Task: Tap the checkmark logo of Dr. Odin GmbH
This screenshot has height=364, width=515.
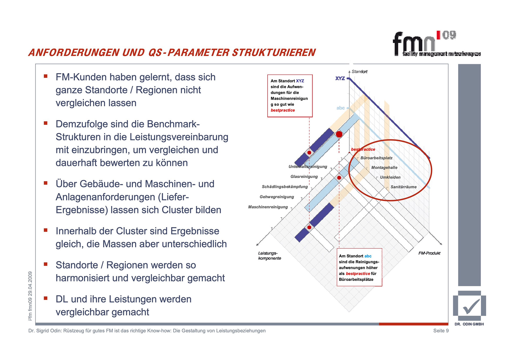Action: point(470,306)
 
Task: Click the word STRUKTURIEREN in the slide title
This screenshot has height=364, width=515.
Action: point(274,53)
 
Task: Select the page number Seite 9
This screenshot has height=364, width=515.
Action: point(441,331)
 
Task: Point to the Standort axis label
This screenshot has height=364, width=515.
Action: point(359,72)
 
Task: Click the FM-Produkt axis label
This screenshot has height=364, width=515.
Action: point(429,253)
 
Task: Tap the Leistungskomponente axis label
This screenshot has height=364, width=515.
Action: point(269,256)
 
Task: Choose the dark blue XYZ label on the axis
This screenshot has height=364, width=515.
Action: point(340,78)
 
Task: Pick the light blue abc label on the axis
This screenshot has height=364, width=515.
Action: point(341,108)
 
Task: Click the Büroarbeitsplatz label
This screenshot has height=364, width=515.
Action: point(376,158)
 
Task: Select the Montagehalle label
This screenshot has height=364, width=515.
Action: point(384,168)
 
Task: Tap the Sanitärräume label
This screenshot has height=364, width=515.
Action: point(403,187)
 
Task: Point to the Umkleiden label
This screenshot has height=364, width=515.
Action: point(390,177)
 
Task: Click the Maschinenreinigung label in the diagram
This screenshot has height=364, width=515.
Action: point(268,207)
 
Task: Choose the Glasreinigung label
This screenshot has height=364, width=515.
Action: point(304,177)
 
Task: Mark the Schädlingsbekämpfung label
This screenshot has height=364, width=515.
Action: point(285,187)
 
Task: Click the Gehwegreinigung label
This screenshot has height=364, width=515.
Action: point(277,197)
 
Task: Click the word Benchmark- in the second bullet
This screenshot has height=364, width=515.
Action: point(173,124)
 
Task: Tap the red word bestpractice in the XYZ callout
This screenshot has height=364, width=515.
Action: point(282,110)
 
